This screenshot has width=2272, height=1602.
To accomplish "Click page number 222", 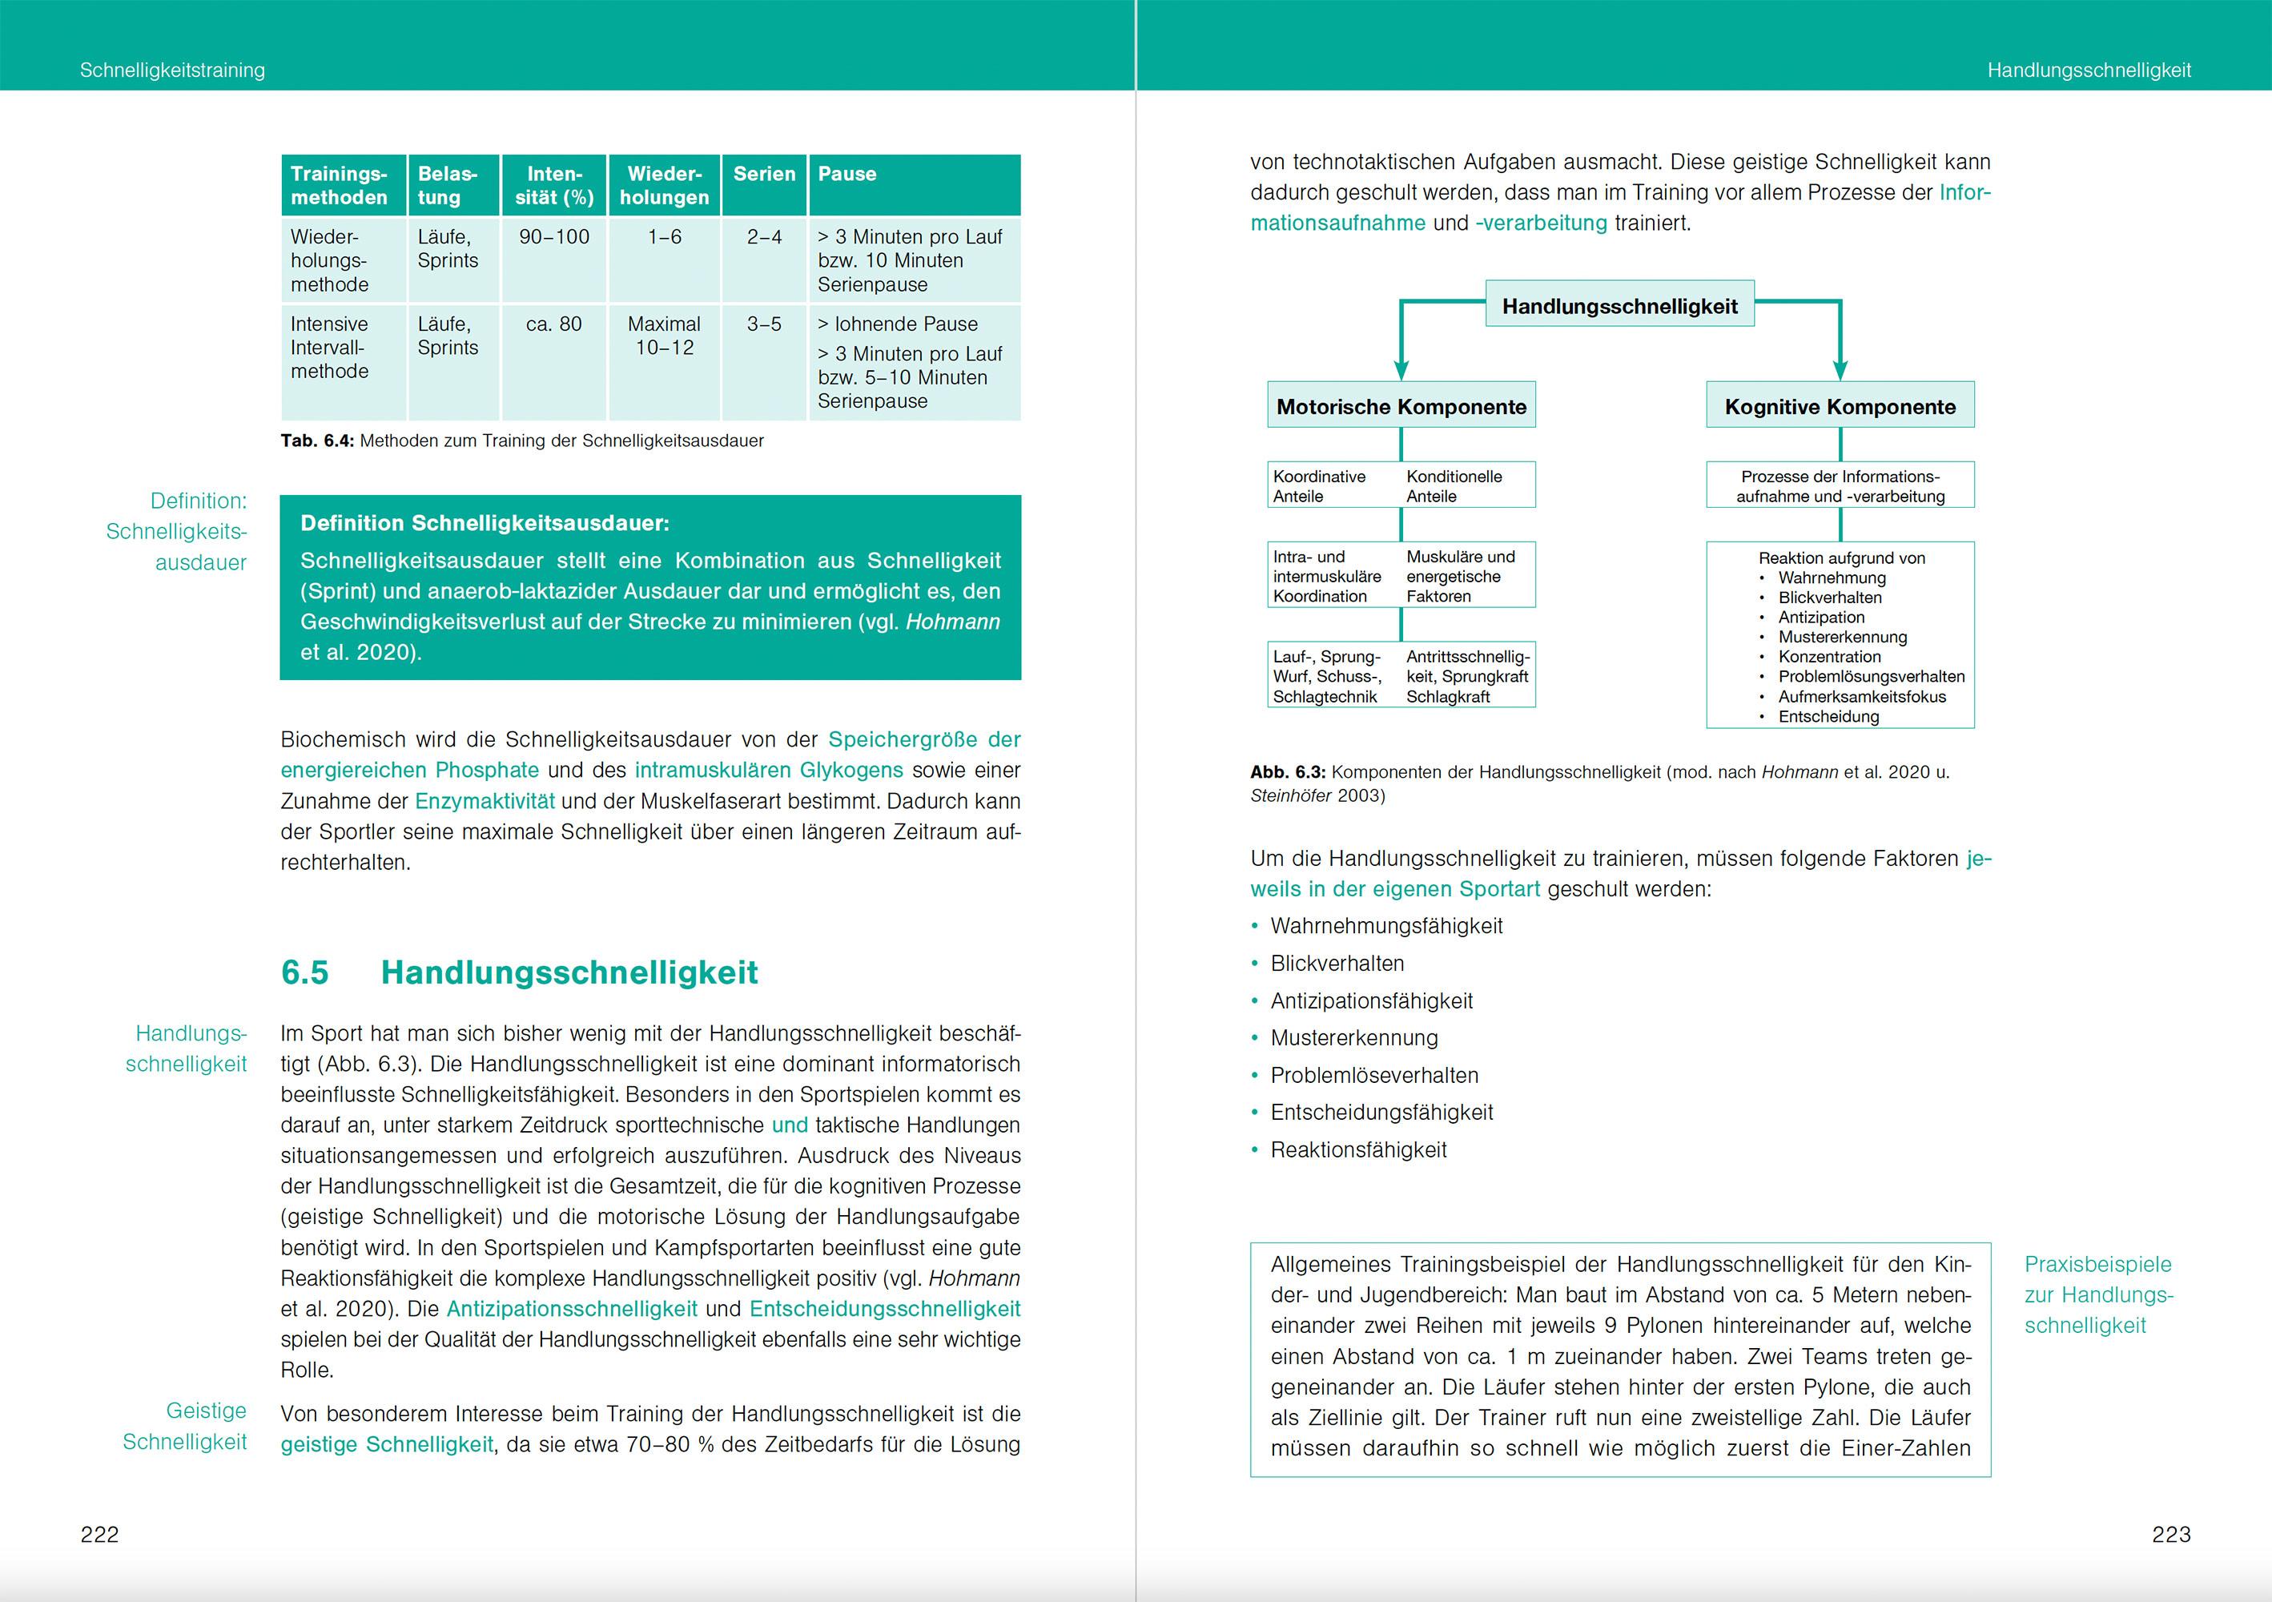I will point(99,1534).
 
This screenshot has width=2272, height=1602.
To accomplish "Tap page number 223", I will point(2171,1534).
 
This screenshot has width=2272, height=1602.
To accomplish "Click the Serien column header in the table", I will point(764,174).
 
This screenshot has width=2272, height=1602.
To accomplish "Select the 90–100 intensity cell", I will point(554,237).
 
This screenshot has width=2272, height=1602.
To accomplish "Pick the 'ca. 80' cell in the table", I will point(554,324).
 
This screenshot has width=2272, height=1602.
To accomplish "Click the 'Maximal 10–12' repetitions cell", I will point(664,336).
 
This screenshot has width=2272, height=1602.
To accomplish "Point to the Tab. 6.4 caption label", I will point(316,441).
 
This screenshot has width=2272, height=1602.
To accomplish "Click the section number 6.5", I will point(305,972).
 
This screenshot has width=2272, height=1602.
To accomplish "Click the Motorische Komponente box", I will point(1401,407).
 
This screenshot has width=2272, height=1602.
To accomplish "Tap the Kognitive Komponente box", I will point(1840,407).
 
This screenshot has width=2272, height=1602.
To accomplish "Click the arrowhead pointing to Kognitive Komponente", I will point(1840,371).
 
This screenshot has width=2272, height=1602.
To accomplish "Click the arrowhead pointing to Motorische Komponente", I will point(1401,371).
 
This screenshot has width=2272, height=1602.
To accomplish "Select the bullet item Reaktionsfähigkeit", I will point(1359,1149).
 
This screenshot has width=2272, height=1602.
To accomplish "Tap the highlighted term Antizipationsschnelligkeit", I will point(572,1309).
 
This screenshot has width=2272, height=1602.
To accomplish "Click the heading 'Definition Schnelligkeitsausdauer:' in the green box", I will point(485,523).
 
